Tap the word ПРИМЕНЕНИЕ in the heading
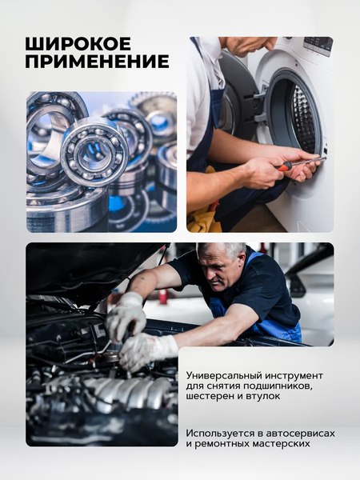coord(97,62)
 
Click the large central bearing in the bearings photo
coord(94,151)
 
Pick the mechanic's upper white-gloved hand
coord(126,314)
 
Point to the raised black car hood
coord(80,268)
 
